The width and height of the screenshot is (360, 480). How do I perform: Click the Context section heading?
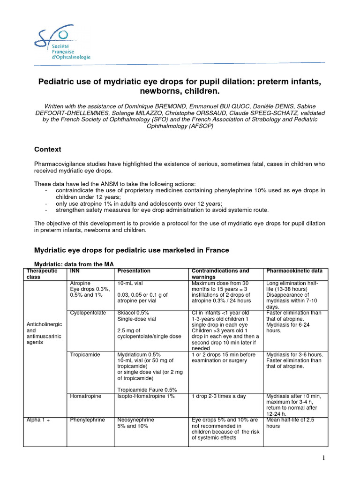click(47, 150)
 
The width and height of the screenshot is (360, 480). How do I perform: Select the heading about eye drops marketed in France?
click(132, 250)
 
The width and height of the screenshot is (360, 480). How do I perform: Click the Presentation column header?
click(134, 271)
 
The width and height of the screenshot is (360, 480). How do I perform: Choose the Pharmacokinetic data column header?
click(294, 271)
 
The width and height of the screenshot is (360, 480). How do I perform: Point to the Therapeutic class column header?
click(42, 274)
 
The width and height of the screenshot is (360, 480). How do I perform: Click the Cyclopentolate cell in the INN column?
click(88, 313)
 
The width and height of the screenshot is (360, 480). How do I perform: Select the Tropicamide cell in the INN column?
click(85, 355)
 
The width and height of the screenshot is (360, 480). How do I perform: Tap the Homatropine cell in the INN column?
click(85, 397)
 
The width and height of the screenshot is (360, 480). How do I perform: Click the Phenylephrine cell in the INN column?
click(87, 420)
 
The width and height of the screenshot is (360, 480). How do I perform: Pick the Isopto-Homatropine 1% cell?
click(146, 397)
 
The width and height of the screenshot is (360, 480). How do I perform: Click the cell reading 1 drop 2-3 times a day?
click(219, 397)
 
